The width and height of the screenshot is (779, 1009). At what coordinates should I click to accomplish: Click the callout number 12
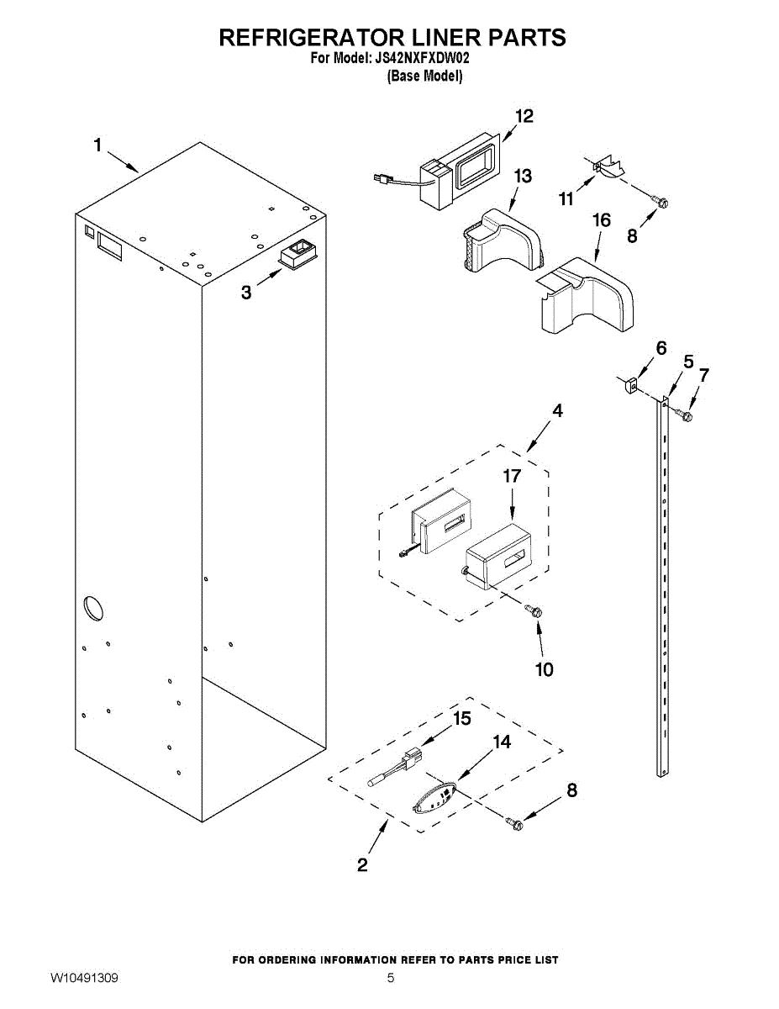(524, 117)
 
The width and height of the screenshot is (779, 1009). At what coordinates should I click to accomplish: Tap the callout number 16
(601, 221)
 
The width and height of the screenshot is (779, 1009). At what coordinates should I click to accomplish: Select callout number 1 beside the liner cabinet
(97, 145)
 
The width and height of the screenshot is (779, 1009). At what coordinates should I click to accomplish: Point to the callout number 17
(512, 476)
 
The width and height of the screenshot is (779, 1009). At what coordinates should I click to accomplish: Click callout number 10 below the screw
(544, 669)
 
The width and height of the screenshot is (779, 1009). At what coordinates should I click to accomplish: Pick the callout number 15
(462, 719)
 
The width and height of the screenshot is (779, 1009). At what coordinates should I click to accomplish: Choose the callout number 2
(362, 864)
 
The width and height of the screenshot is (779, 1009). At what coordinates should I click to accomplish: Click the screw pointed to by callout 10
(533, 611)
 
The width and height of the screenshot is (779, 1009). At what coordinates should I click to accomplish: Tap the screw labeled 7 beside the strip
(685, 415)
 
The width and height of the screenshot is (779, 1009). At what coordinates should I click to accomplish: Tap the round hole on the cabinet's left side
(92, 609)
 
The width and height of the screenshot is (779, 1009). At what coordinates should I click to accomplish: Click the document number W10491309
(84, 978)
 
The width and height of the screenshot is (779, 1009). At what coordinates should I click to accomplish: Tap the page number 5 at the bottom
(391, 978)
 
